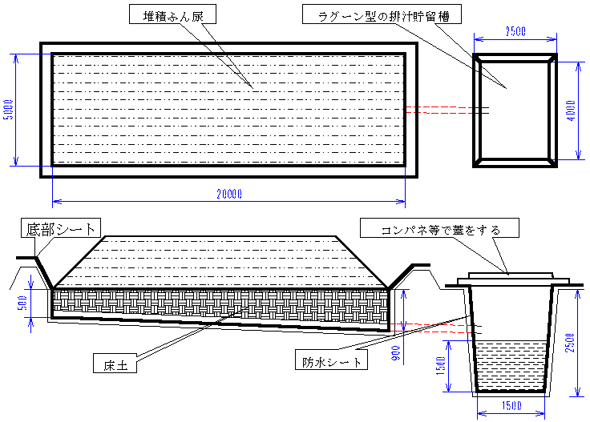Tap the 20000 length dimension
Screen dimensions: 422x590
click(228, 193)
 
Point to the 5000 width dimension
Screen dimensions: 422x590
click(8, 110)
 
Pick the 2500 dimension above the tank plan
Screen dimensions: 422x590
click(515, 31)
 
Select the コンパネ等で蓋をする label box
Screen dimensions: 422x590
click(442, 230)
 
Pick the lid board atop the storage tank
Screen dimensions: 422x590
click(510, 280)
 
